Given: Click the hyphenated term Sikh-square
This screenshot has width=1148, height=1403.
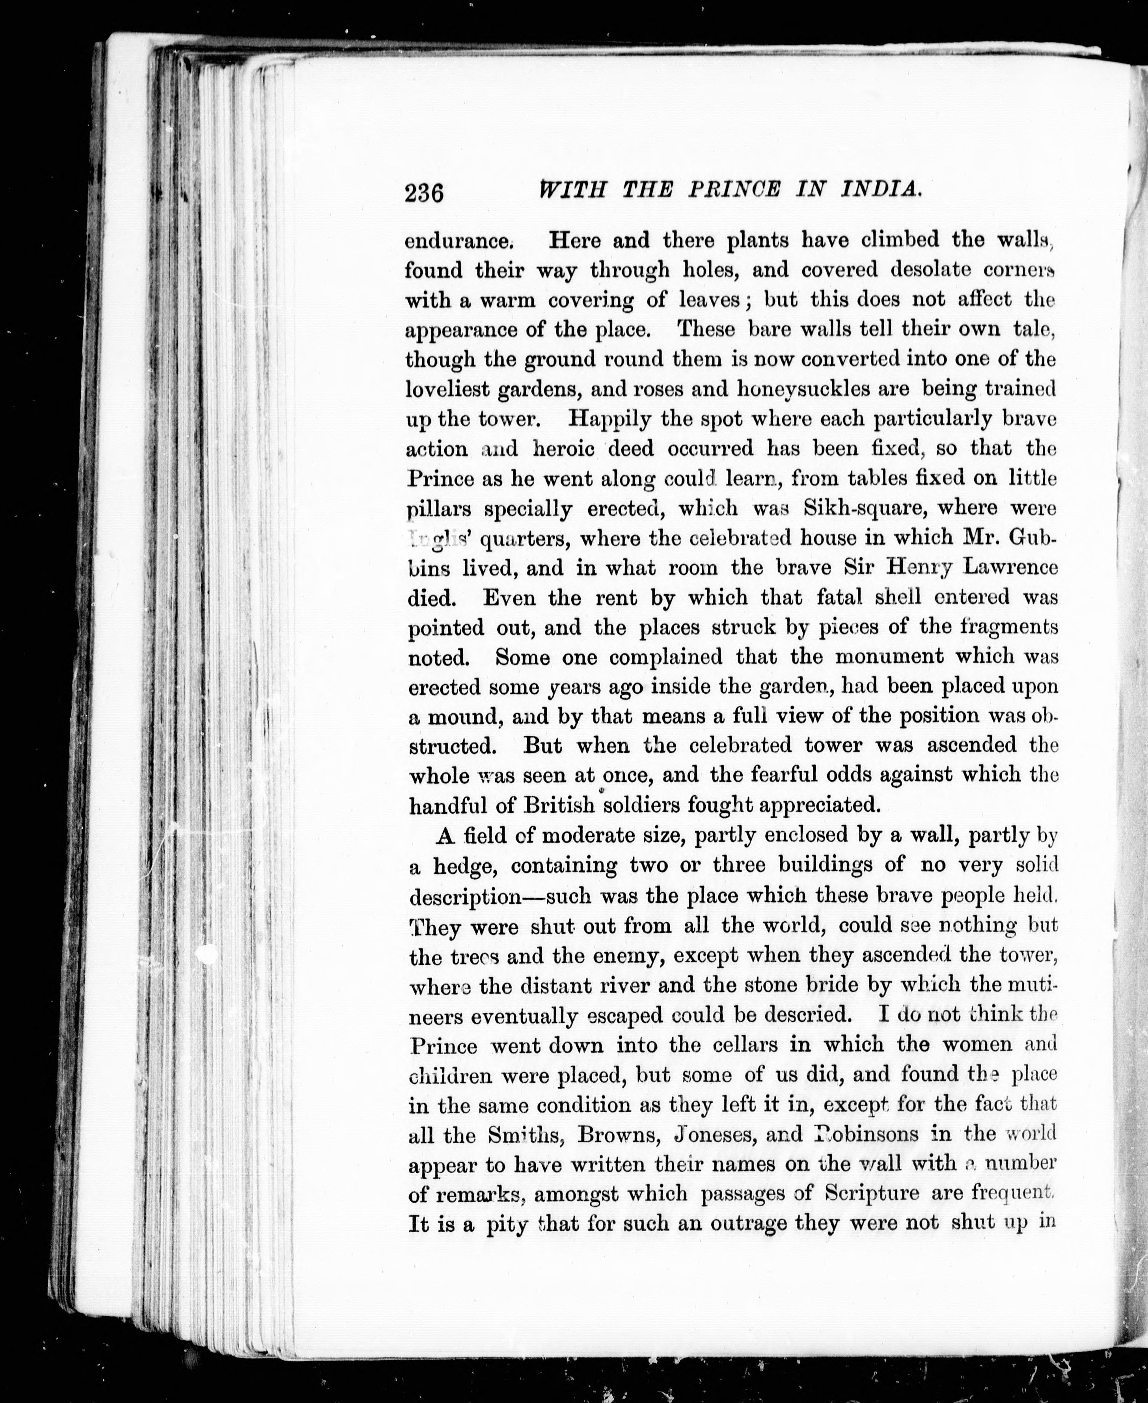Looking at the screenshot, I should click(x=856, y=508).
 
